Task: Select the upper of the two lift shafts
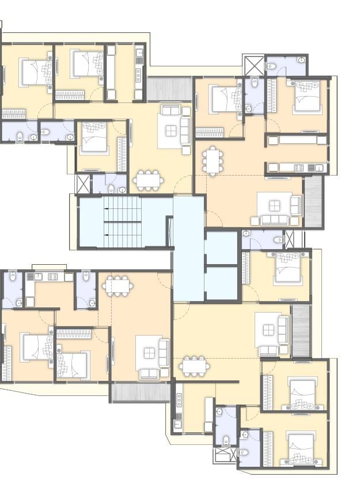(221, 247)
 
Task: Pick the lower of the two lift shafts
(221, 283)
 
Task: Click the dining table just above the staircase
(148, 180)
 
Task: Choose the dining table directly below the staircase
(118, 285)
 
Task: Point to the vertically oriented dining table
(214, 161)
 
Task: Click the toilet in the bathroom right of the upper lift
(279, 239)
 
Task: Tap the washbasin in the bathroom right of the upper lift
(247, 234)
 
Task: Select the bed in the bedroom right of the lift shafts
(288, 268)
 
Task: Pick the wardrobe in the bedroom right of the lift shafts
(246, 268)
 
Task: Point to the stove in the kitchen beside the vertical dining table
(299, 167)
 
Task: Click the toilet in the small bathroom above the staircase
(111, 188)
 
